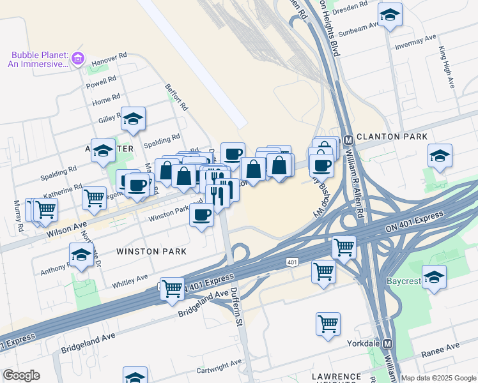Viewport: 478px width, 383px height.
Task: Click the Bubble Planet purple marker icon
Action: point(78,59)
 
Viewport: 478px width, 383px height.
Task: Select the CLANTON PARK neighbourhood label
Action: point(392,137)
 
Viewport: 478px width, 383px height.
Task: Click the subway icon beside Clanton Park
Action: point(348,140)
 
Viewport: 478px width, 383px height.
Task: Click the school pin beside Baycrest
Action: point(435,278)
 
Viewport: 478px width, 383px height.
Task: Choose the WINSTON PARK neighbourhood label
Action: point(151,252)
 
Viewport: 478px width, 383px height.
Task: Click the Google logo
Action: point(21,375)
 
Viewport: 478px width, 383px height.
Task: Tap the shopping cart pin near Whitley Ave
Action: point(173,288)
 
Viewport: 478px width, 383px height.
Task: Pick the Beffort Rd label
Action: point(176,96)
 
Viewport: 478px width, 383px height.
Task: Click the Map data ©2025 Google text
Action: point(438,378)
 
